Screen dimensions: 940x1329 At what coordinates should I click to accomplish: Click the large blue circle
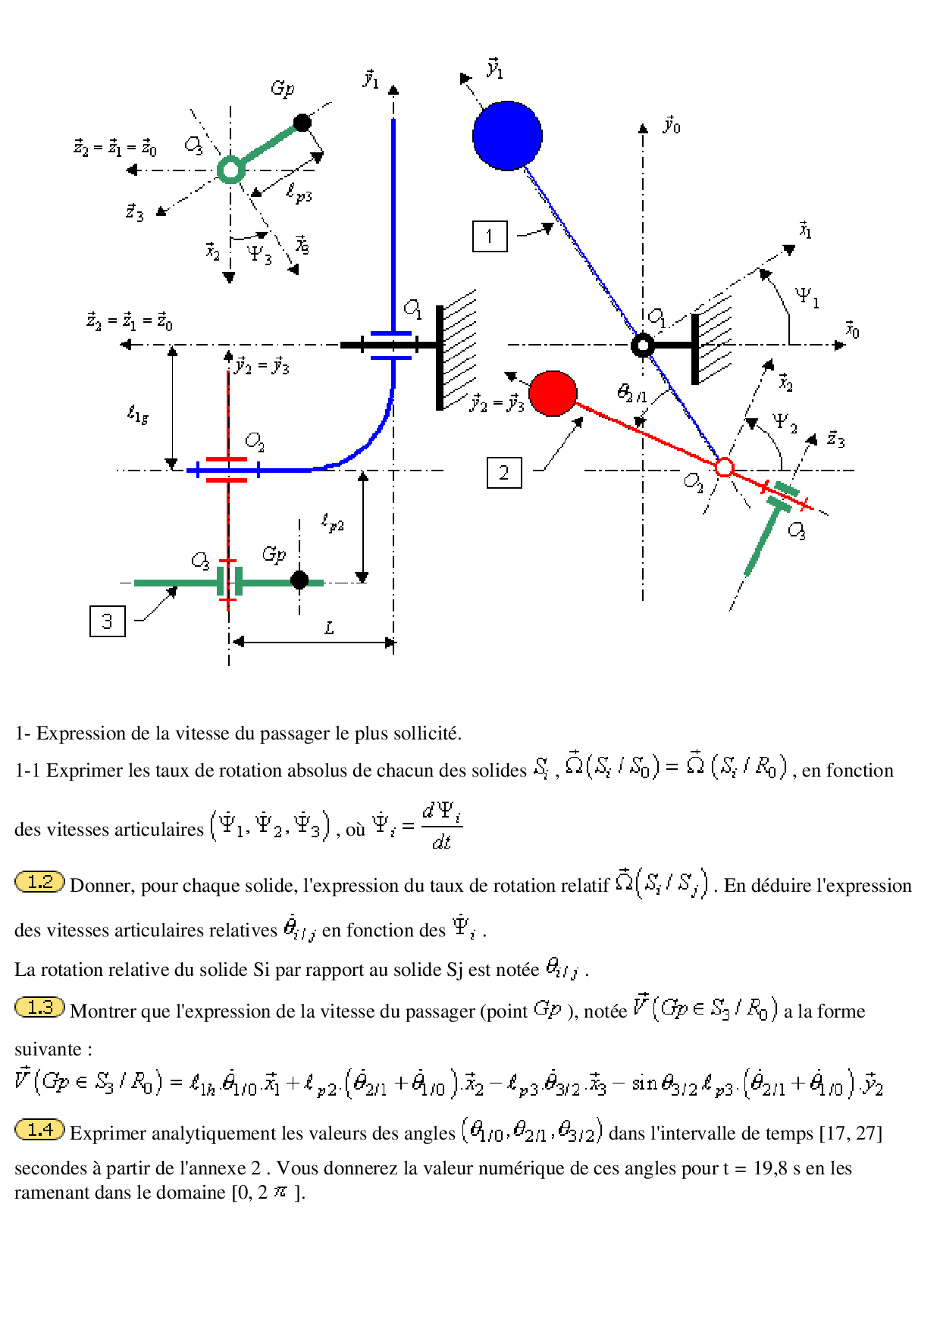[507, 136]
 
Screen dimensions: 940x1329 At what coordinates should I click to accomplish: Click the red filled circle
[553, 393]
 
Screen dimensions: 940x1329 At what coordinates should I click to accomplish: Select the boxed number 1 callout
[490, 236]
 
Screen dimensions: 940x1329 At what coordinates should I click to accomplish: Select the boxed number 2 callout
[504, 473]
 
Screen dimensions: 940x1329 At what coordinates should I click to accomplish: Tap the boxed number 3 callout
[108, 621]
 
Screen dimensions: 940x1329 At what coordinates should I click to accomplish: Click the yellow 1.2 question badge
[39, 882]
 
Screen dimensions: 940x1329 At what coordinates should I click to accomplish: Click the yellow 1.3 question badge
[39, 1007]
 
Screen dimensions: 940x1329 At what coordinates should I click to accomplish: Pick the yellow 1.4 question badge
[39, 1130]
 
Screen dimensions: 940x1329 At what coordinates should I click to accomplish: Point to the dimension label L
[329, 627]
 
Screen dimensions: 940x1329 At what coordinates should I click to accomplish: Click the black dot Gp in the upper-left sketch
[302, 122]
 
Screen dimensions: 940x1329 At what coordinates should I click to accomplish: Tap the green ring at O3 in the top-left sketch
[230, 170]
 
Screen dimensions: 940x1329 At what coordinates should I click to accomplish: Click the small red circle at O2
[725, 467]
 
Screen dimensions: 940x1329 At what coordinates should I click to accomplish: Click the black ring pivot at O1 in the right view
[643, 346]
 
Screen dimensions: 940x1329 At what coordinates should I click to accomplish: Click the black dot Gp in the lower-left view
[299, 580]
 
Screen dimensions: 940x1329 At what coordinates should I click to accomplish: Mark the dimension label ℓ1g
[137, 414]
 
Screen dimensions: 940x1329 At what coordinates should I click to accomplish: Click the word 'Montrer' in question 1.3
[101, 1011]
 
